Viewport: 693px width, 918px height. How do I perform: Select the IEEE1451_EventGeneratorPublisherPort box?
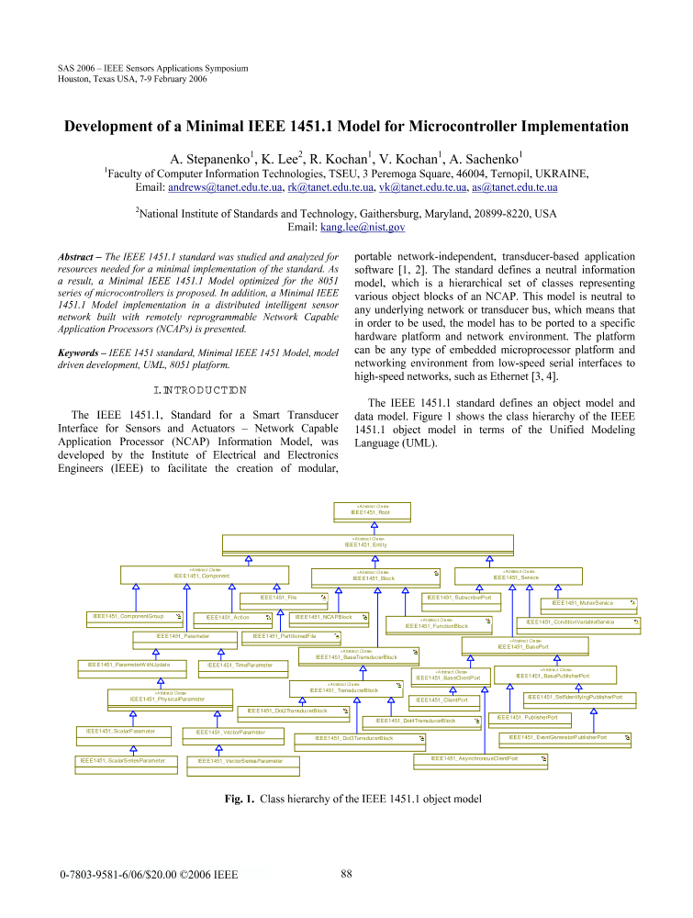564,737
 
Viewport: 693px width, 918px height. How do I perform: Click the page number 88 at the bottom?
346,873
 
